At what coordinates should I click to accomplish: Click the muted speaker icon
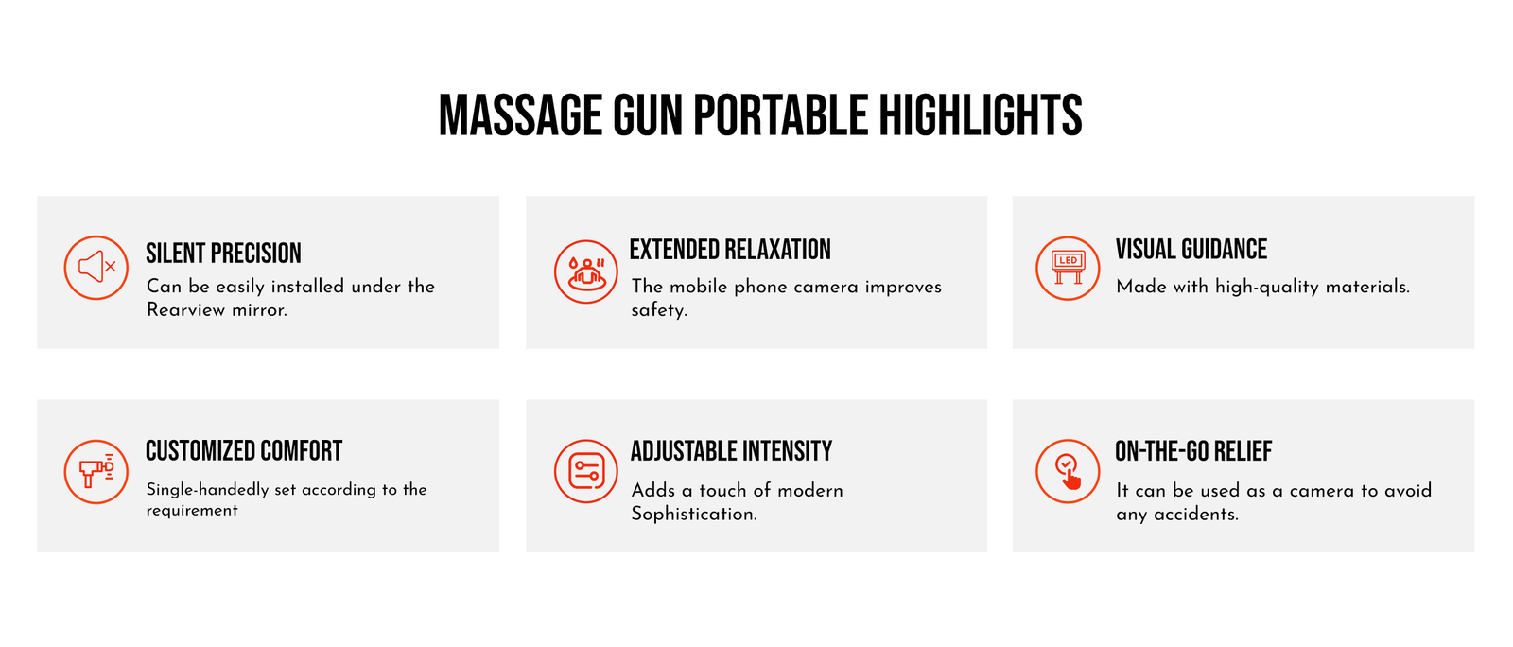pos(96,268)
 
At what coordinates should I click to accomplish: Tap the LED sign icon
pos(1068,268)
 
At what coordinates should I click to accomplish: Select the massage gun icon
pos(96,471)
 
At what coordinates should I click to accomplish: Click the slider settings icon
pos(585,471)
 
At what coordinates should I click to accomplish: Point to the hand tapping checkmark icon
pos(1068,471)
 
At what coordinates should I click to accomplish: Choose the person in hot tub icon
pos(585,271)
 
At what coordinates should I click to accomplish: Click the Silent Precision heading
pos(223,254)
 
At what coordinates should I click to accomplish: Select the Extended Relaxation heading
pos(730,249)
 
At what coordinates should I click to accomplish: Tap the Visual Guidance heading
pos(1191,249)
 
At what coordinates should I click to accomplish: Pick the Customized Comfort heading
pos(244,451)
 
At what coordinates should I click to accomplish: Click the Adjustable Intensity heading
pos(732,451)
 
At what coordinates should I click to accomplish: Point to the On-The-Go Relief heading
pos(1193,451)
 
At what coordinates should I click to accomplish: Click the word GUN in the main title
pos(647,114)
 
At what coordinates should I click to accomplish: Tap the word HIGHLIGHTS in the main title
pos(980,114)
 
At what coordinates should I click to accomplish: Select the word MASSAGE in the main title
pos(520,114)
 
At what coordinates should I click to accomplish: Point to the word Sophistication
pos(694,514)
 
